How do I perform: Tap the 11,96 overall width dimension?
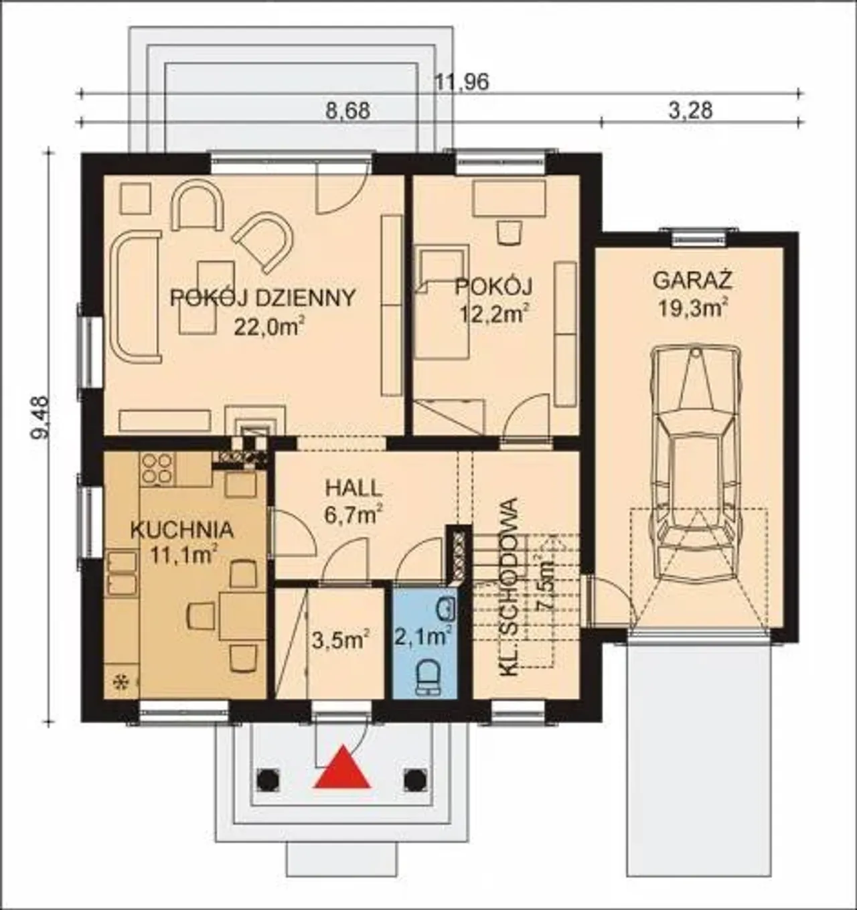[x=461, y=82]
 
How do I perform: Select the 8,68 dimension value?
[x=348, y=111]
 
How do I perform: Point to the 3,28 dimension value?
[x=691, y=111]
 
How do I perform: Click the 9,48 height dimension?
[x=40, y=417]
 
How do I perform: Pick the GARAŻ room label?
[x=692, y=281]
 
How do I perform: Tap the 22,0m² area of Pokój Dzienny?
[x=269, y=327]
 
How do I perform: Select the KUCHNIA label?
[x=182, y=530]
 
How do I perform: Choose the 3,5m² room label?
[x=341, y=641]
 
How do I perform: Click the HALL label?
[x=354, y=488]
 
